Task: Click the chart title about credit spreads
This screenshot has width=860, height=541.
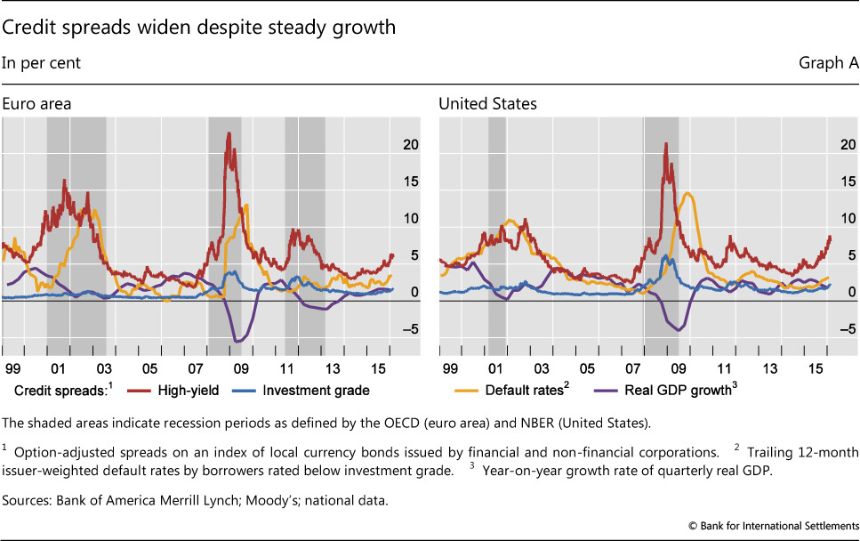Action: click(198, 28)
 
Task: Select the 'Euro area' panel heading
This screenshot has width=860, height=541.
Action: click(36, 104)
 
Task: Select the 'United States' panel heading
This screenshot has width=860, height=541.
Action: click(487, 104)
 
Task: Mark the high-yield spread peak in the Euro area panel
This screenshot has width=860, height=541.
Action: click(229, 133)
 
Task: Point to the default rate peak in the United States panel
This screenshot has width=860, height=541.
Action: click(688, 193)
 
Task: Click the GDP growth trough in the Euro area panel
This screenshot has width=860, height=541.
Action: click(237, 341)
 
